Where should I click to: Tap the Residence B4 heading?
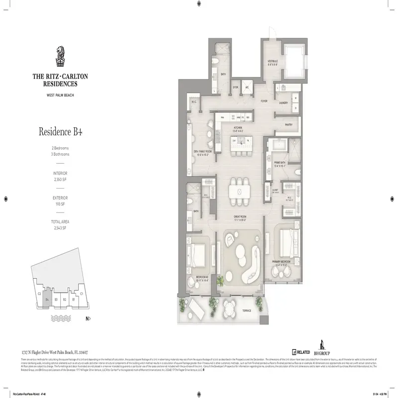tap(61, 132)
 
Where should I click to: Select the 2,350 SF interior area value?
tap(60, 180)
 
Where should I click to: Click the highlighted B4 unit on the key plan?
tap(47, 299)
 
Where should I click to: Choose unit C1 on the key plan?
tap(81, 294)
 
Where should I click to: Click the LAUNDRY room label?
tap(285, 103)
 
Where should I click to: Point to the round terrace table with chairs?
tap(230, 307)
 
